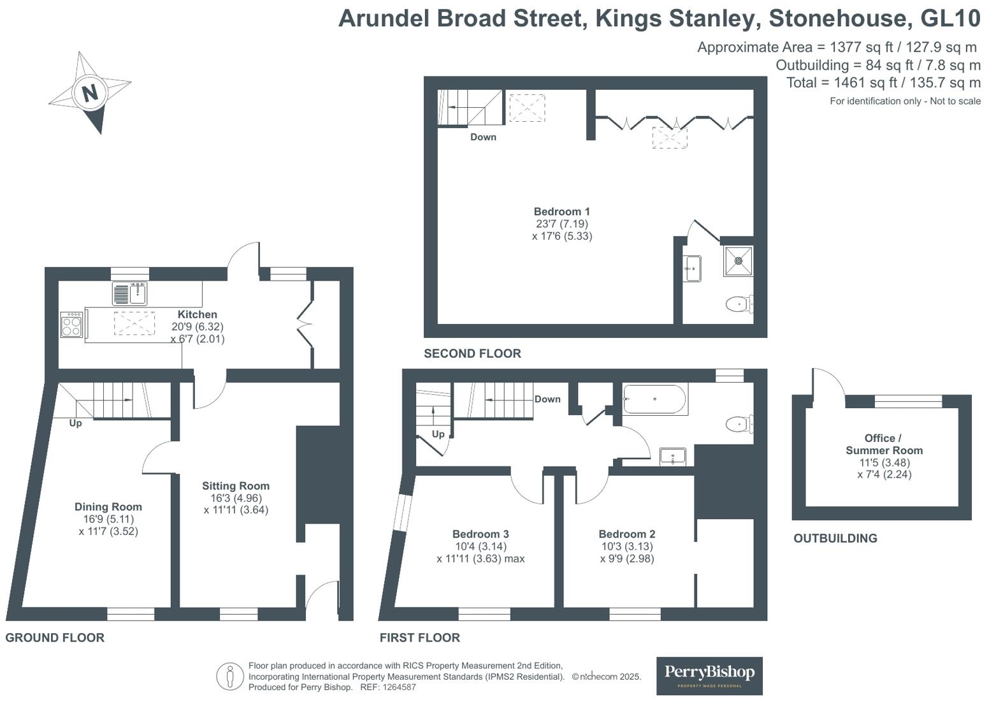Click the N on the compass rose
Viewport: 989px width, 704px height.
tap(90, 93)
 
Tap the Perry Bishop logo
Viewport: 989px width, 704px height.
tap(709, 675)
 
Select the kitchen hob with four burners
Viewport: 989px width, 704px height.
tap(71, 325)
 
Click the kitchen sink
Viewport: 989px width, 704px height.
tap(130, 294)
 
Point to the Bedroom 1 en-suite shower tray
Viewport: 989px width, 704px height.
tap(739, 261)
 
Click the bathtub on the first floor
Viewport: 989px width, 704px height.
tap(654, 399)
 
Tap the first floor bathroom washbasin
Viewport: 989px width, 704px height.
tap(672, 457)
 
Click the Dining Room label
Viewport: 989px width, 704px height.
tap(108, 507)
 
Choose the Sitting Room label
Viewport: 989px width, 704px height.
tap(236, 486)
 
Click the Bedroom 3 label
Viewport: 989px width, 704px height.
tap(480, 534)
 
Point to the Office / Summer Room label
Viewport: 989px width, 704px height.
tap(883, 444)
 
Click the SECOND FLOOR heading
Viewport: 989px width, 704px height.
tap(472, 353)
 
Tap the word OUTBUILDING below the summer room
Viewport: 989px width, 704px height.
tap(835, 538)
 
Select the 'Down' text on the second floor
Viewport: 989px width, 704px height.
tap(483, 137)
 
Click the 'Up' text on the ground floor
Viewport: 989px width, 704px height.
tap(75, 423)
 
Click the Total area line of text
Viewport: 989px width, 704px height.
tap(883, 83)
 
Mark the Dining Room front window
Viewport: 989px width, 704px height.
tap(131, 614)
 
